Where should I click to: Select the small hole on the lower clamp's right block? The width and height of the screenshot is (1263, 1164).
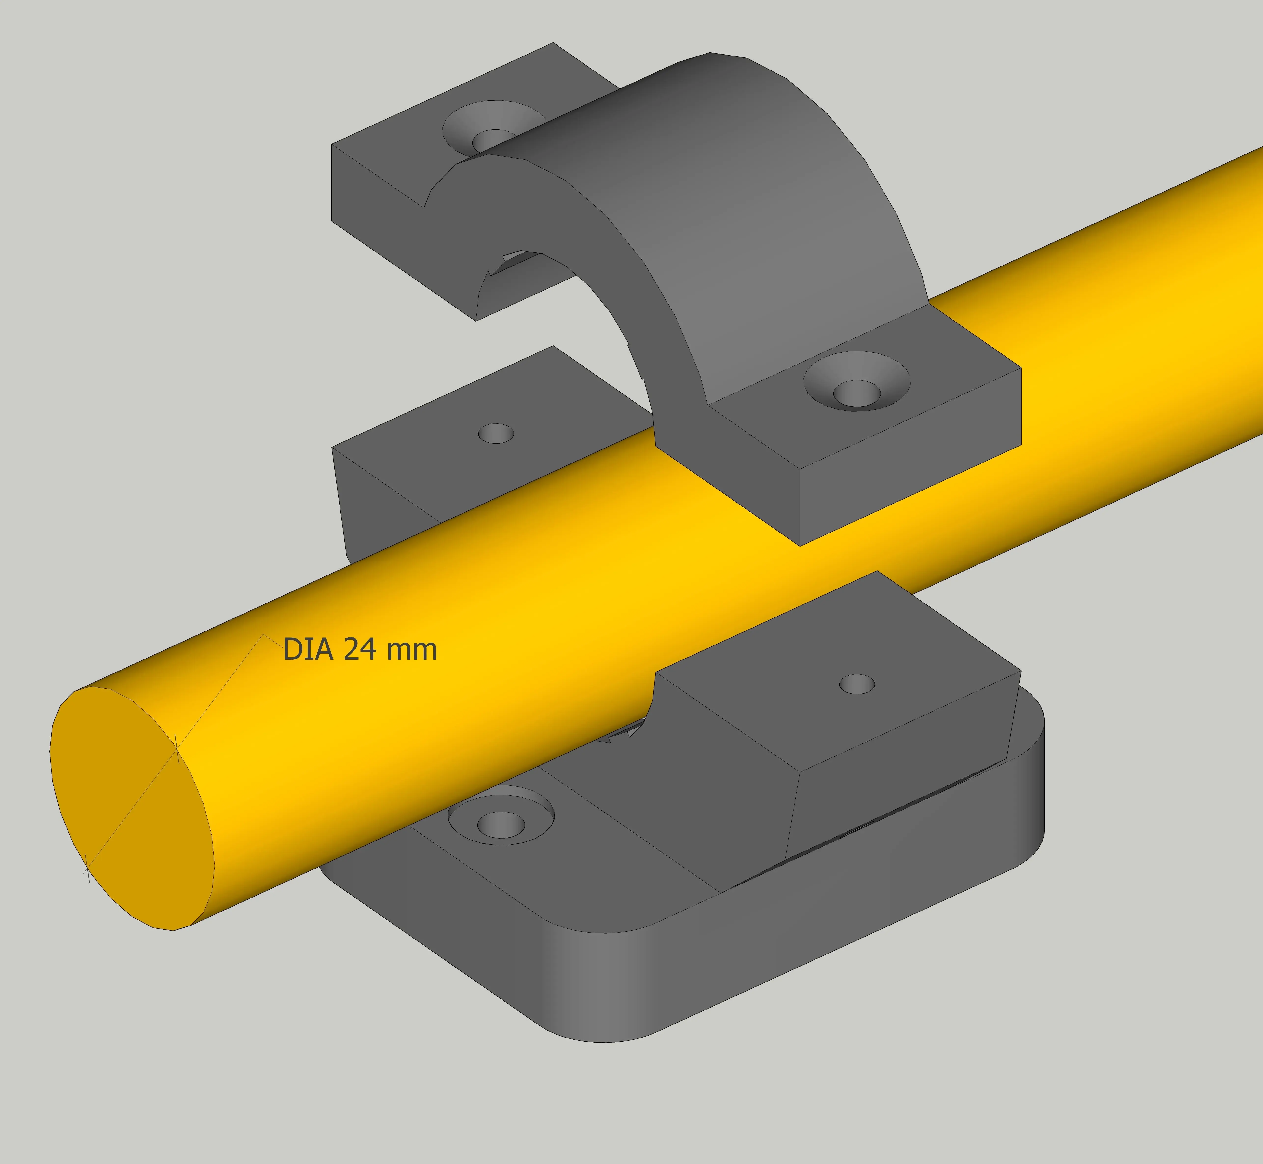coord(857,684)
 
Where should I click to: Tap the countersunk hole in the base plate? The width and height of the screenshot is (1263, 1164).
coord(501,824)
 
